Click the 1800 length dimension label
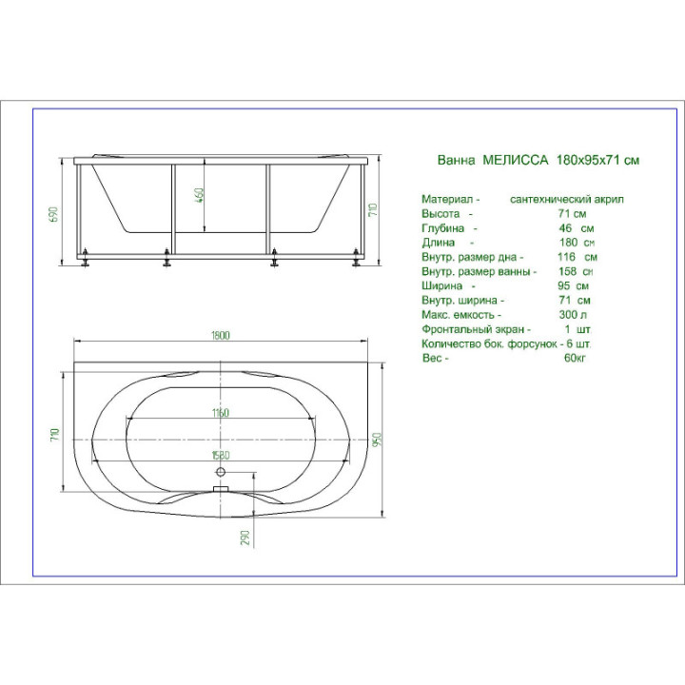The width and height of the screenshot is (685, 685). (x=220, y=336)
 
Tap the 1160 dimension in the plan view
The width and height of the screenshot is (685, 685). (x=220, y=413)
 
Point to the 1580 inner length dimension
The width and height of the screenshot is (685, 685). (x=221, y=455)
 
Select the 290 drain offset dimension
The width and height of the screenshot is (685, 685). (x=245, y=538)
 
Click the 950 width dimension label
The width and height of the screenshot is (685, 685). (x=378, y=439)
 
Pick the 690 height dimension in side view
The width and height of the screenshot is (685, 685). (x=54, y=214)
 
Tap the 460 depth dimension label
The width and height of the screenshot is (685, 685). (x=199, y=196)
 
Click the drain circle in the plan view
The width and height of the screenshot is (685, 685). (x=221, y=472)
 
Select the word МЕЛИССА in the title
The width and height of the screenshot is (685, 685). (x=515, y=160)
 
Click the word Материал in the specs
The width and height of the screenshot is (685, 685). (x=447, y=199)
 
